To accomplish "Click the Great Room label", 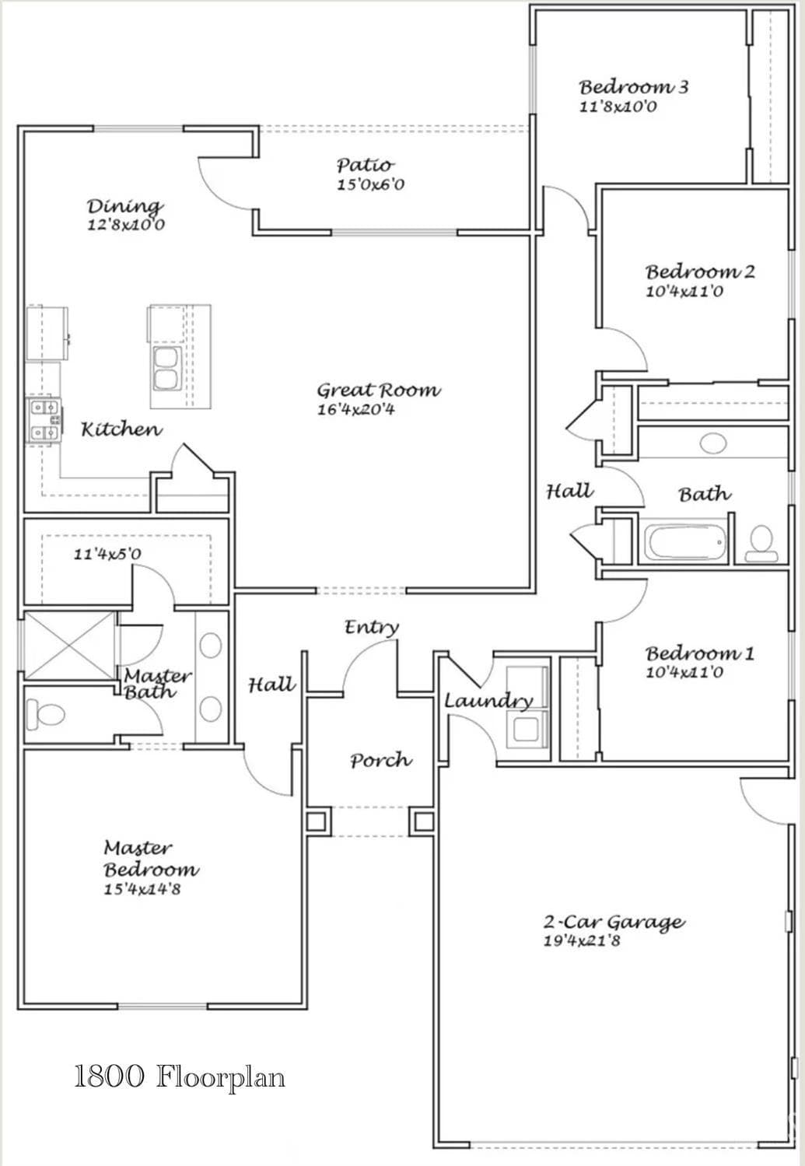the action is (x=379, y=390).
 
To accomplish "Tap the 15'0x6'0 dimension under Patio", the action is (x=370, y=185).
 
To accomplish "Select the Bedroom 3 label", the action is (x=634, y=86).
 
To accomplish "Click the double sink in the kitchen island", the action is (x=167, y=369).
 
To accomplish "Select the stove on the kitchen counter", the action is (x=45, y=421).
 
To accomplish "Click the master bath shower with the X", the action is (x=69, y=646).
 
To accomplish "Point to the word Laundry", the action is (x=488, y=701).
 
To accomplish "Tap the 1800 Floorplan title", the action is (x=180, y=1077).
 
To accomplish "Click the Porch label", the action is (x=381, y=761).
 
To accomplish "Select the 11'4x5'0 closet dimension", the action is (x=107, y=554).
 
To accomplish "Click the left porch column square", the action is (x=317, y=822).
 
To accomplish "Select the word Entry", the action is (x=372, y=627).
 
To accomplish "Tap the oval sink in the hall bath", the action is (x=713, y=444).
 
